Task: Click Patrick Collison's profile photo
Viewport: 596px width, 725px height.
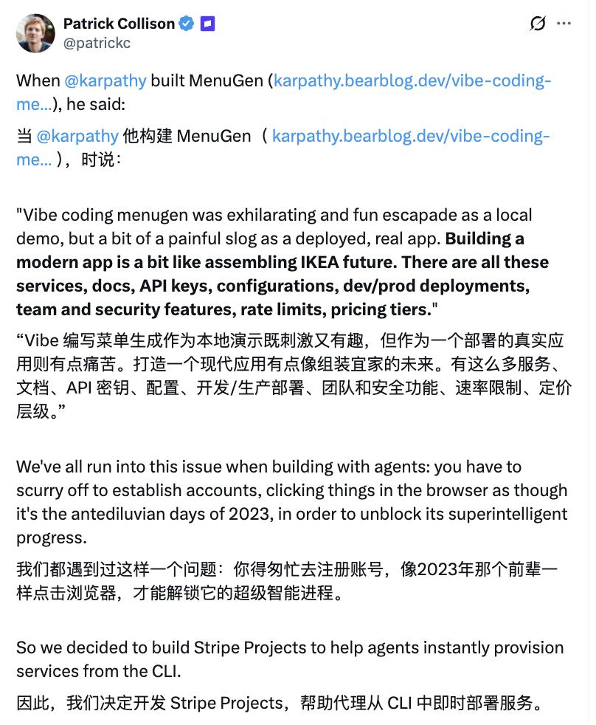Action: [35, 33]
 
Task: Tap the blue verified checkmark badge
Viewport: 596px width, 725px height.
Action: [187, 24]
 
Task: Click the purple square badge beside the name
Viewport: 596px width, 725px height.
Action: [208, 24]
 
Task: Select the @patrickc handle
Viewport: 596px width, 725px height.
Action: [97, 43]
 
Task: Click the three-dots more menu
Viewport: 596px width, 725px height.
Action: [564, 24]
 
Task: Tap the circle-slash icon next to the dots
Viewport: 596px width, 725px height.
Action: [538, 24]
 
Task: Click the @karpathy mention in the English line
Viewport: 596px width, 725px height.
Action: [105, 80]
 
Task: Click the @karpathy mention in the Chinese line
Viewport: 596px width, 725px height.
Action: [77, 137]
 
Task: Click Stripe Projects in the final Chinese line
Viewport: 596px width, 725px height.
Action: [226, 702]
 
